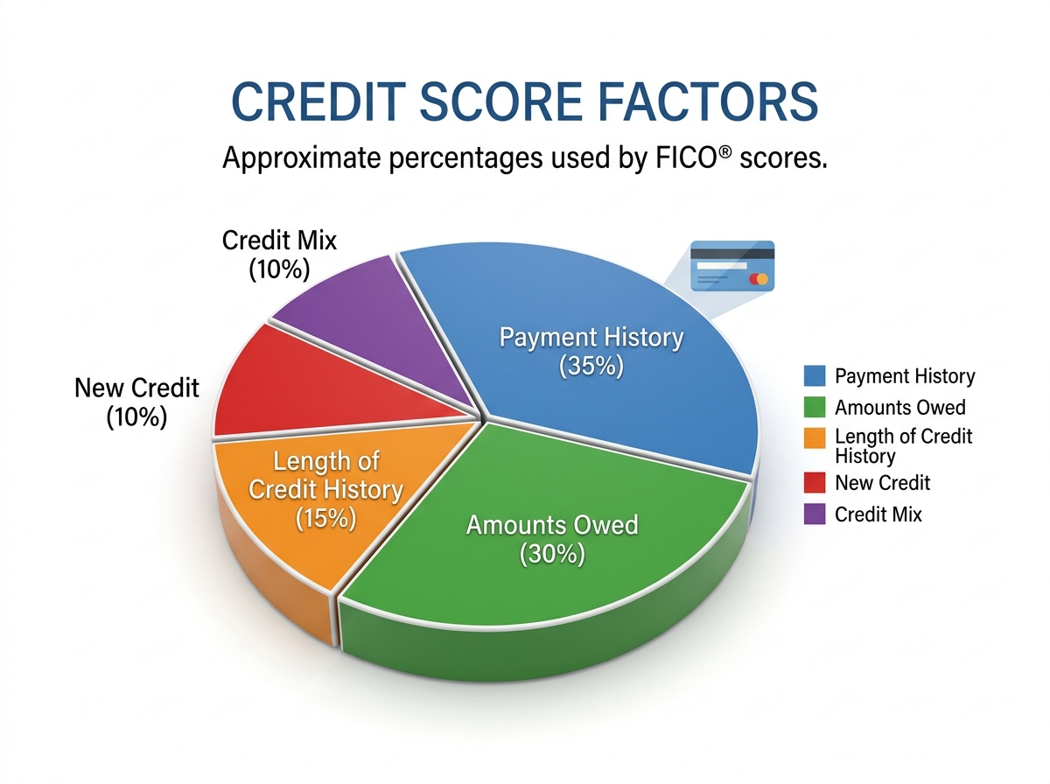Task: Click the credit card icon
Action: [x=732, y=265]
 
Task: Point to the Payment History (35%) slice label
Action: [x=591, y=351]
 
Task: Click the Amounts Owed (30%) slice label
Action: [x=552, y=539]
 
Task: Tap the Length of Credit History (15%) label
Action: [x=325, y=489]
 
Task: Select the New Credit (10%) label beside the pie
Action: [x=137, y=402]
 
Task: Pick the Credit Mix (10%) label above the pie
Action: [x=279, y=255]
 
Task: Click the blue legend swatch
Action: [x=814, y=377]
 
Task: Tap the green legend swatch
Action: [x=814, y=407]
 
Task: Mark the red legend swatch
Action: [x=814, y=483]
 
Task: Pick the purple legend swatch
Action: [x=814, y=514]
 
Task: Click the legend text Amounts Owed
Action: [x=900, y=407]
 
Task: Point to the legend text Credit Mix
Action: [x=878, y=514]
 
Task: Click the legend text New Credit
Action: [x=882, y=483]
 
